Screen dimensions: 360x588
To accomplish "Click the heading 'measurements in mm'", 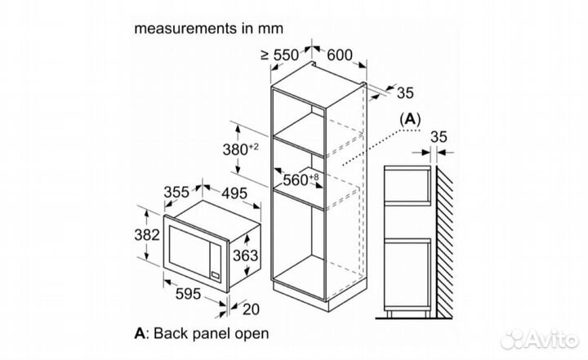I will pyautogui.click(x=208, y=28).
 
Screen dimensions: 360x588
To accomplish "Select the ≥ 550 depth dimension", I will pyautogui.click(x=278, y=55).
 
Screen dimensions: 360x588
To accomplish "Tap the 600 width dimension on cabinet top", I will pyautogui.click(x=340, y=55).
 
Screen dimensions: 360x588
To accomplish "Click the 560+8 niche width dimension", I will pyautogui.click(x=301, y=179).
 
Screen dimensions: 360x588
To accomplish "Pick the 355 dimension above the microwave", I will pyautogui.click(x=177, y=192).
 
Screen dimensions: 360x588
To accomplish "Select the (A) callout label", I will pyautogui.click(x=409, y=119).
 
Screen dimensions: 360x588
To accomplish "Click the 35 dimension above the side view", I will pyautogui.click(x=439, y=136).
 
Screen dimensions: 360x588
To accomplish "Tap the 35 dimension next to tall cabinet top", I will pyautogui.click(x=405, y=92).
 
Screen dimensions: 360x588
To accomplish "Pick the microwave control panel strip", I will pyautogui.click(x=216, y=261).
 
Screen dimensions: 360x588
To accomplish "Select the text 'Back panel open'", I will pyautogui.click(x=211, y=334).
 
